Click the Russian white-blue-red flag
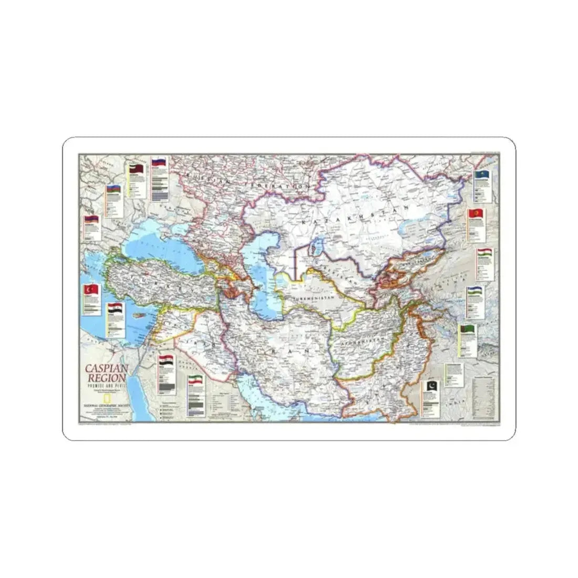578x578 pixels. click(159, 162)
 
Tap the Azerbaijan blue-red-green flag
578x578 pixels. click(114, 189)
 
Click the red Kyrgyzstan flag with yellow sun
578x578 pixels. click(477, 214)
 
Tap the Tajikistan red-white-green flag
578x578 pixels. click(484, 252)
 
